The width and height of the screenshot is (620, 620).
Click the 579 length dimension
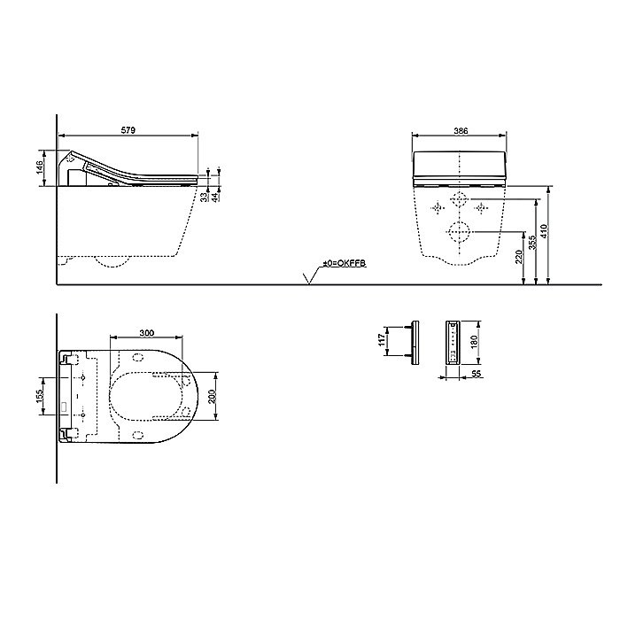[x=128, y=131]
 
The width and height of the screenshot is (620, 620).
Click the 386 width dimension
[x=461, y=131]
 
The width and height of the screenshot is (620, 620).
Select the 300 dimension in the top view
[x=147, y=333]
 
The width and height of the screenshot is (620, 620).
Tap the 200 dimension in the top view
[x=213, y=396]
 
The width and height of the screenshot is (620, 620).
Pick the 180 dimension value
[x=474, y=342]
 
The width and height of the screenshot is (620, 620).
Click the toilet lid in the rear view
[x=461, y=167]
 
